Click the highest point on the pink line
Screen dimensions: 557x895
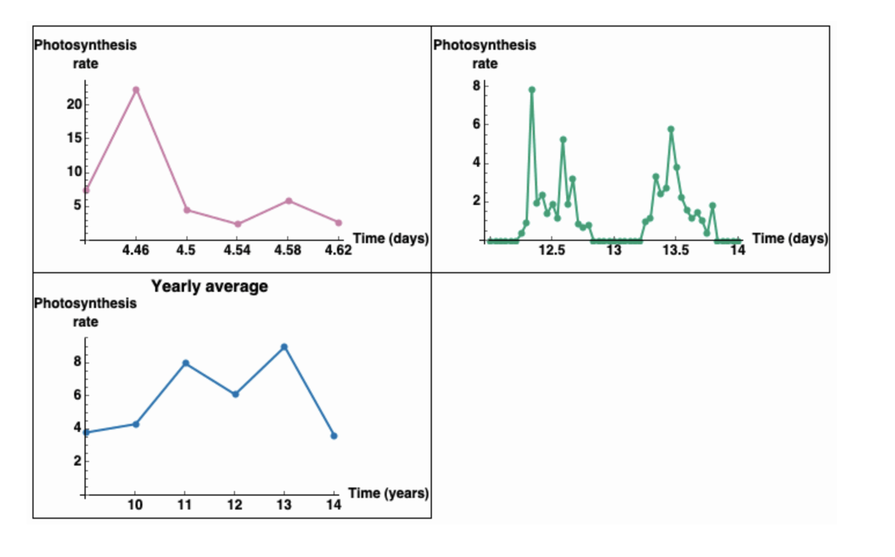click(136, 90)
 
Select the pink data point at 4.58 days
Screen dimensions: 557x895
click(289, 201)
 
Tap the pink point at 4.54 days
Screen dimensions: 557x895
click(238, 224)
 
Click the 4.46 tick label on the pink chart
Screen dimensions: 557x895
click(135, 250)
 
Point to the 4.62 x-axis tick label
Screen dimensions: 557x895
click(338, 250)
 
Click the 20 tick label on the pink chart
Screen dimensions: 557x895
click(75, 105)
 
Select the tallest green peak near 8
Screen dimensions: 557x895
click(532, 90)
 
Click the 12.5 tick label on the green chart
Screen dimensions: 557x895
click(551, 250)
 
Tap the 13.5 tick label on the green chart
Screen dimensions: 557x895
click(676, 250)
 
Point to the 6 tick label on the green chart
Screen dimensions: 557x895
click(476, 124)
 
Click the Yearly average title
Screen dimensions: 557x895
click(210, 287)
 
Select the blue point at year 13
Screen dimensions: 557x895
click(284, 347)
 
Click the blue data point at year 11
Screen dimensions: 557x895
click(186, 364)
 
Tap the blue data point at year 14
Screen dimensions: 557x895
click(334, 436)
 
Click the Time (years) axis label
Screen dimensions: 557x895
click(388, 493)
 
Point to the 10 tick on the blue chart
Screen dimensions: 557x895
click(135, 505)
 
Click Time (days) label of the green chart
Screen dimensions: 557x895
click(790, 239)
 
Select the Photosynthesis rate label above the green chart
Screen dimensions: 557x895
click(485, 54)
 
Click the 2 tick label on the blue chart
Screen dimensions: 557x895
click(77, 461)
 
